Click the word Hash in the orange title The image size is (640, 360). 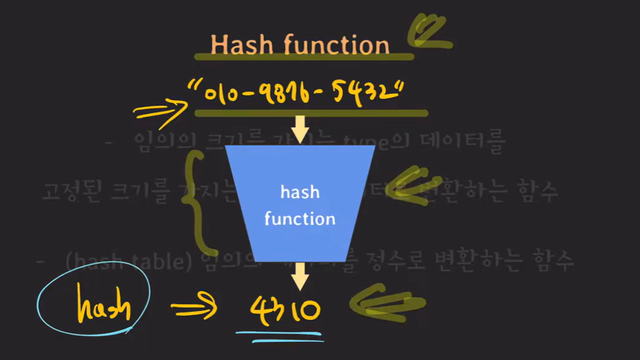(235, 45)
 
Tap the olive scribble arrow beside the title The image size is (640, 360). (430, 32)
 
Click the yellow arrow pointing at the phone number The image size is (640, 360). (159, 111)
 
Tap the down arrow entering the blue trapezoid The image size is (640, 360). (300, 129)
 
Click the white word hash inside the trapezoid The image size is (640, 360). (300, 192)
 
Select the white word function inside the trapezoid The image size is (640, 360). (300, 219)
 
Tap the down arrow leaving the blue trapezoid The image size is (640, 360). (300, 275)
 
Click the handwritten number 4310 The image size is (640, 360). (285, 310)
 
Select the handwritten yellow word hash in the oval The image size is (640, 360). (103, 307)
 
